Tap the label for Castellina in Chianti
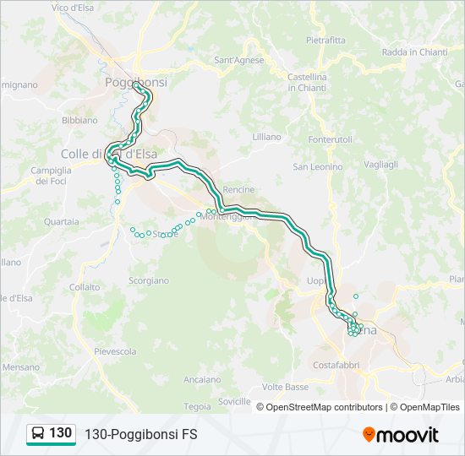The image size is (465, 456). tap(307, 82)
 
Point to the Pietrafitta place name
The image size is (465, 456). tap(325, 40)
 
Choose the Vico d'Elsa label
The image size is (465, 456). tap(73, 8)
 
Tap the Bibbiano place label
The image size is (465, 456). tap(80, 120)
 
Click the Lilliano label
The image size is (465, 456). tap(266, 136)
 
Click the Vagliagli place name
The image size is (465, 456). tap(380, 165)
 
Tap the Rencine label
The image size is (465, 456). tap(239, 189)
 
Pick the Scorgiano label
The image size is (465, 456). tap(149, 280)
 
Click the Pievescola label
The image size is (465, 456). tap(115, 350)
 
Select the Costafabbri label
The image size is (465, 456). tap(336, 365)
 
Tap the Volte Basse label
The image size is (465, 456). tap(286, 387)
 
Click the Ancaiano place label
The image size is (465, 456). tap(201, 379)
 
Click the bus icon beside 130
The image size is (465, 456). tap(38, 434)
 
